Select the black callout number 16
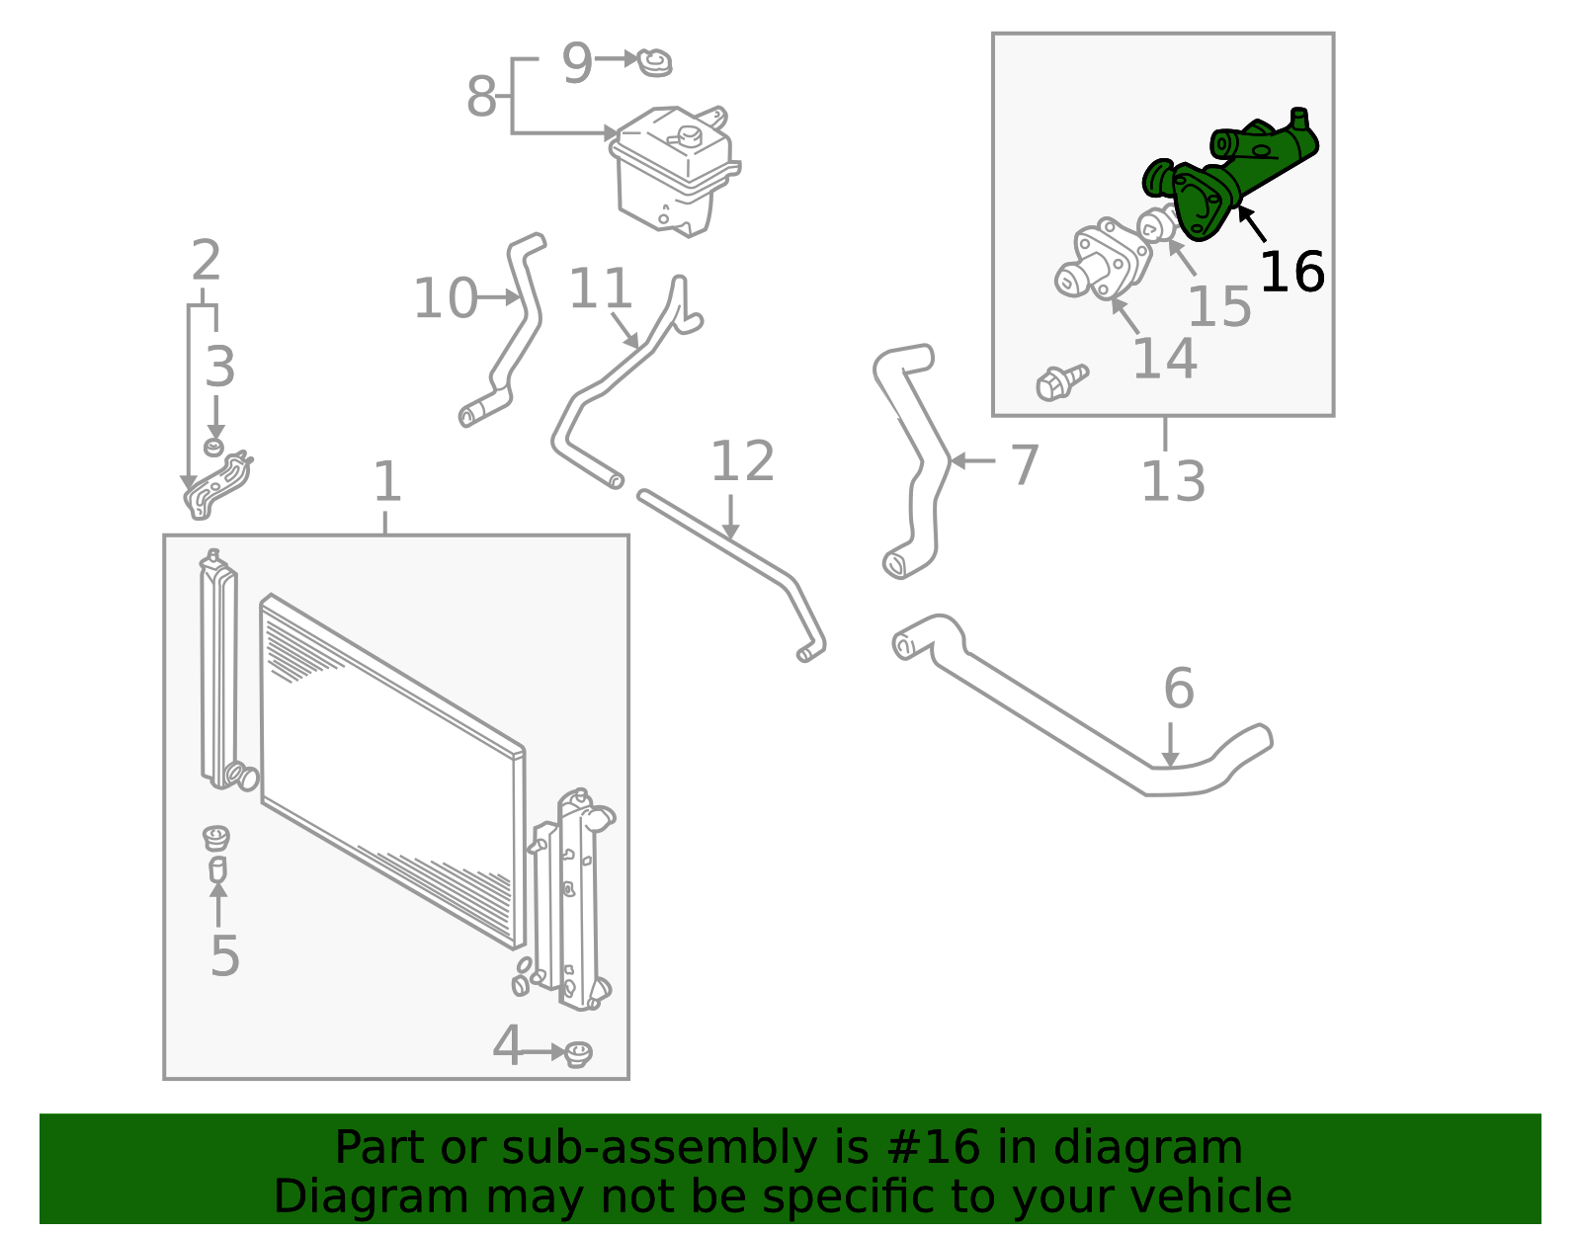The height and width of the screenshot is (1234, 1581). pos(1291,272)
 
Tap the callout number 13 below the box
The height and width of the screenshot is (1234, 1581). pos(1173,482)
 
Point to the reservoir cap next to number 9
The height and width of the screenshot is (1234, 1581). pos(653,62)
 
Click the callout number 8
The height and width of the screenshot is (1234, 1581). pos(481,97)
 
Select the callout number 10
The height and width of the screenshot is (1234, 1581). pos(445,298)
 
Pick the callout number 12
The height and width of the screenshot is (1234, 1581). pos(742,461)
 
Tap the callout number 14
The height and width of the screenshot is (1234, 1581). pos(1164,358)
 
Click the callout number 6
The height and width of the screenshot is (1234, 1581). pos(1178,688)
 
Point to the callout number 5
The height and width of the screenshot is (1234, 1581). pos(224,955)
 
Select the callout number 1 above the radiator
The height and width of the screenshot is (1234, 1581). pos(387,482)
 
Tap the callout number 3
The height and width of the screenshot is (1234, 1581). pos(219,367)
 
